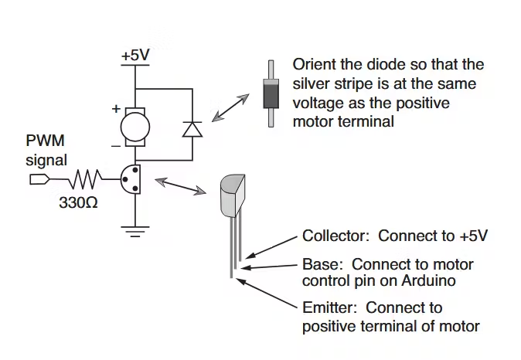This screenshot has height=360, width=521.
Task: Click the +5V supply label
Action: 135,56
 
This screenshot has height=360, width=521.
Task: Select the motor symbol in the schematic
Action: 135,124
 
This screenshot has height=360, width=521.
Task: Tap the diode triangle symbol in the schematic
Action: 191,128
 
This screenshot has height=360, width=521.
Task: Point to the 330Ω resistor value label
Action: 78,205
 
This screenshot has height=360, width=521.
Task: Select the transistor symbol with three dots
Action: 132,180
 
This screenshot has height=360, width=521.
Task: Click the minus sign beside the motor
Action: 116,144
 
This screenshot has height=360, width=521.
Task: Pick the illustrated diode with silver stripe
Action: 271,94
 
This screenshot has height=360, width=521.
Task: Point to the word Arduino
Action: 428,281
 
